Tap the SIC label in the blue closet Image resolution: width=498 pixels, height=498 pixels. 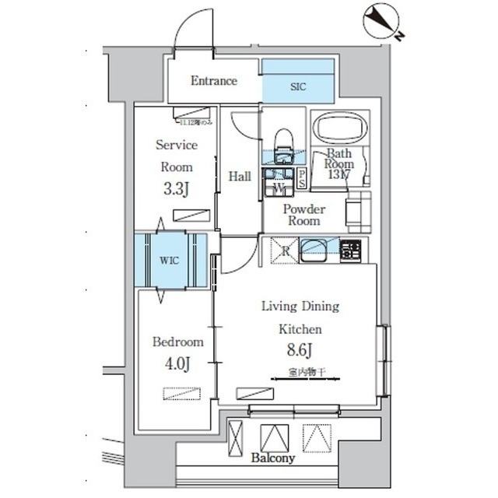pos(298,87)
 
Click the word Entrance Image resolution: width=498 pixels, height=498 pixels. pos(214,81)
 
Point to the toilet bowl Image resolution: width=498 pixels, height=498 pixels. pos(284,140)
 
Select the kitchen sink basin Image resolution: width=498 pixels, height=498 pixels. pos(318,250)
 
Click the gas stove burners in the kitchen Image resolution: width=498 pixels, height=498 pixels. pos(350,250)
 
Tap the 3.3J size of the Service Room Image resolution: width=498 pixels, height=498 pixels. pos(176,188)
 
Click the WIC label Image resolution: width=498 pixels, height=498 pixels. pos(170,261)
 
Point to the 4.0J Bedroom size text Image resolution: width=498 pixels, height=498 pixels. pos(177,363)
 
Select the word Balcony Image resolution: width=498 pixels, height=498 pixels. pos(273,458)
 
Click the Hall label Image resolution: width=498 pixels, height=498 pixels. pos(239,177)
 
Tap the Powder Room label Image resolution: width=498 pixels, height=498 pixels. pos(303,215)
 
